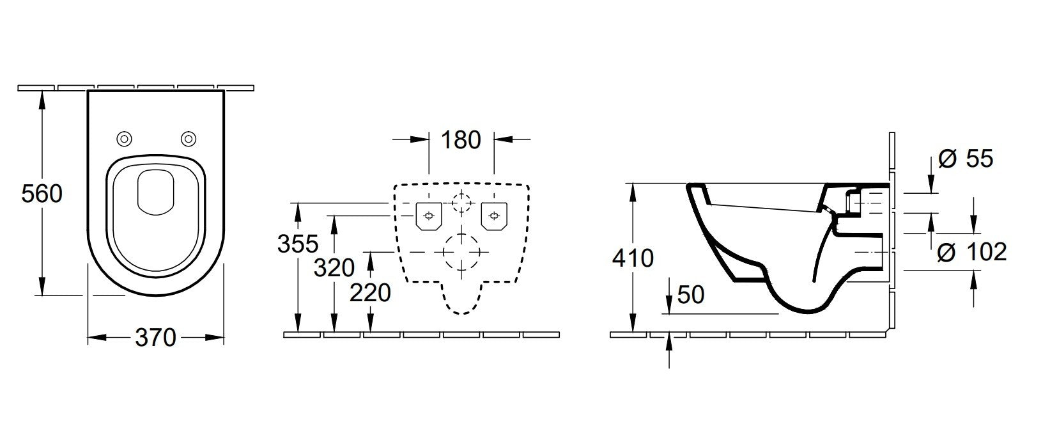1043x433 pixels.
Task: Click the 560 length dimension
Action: (x=42, y=193)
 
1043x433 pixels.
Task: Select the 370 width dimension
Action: (x=155, y=338)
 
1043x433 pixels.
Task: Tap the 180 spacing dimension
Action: (x=461, y=140)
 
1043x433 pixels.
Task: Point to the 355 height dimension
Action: (x=298, y=243)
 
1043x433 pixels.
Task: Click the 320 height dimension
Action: (x=334, y=267)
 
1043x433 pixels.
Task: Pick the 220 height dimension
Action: (x=370, y=293)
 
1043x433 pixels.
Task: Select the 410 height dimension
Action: (x=633, y=258)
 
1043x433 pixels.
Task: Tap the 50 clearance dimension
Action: (x=691, y=295)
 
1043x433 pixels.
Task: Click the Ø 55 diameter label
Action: (x=966, y=159)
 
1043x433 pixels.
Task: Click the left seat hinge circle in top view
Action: (x=125, y=139)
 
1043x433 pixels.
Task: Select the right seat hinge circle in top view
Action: (x=189, y=139)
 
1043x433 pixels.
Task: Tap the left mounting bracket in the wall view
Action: (x=429, y=216)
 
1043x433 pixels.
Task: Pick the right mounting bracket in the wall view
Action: (x=494, y=216)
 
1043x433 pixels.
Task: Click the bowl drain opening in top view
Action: (x=156, y=193)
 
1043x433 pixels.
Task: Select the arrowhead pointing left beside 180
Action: (x=504, y=139)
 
